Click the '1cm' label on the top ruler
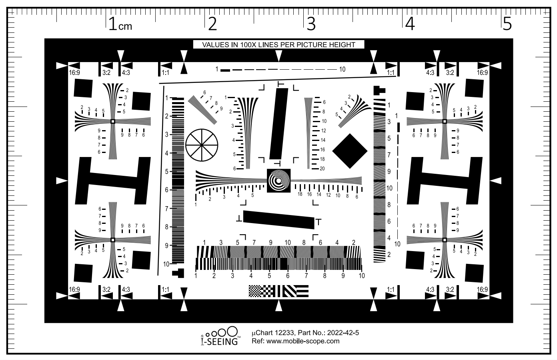pyautogui.click(x=120, y=24)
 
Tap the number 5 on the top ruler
pyautogui.click(x=507, y=24)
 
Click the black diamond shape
pyautogui.click(x=350, y=151)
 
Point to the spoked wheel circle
pyautogui.click(x=202, y=145)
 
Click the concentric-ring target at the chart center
pyautogui.click(x=278, y=181)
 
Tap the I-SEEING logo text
pyautogui.click(x=219, y=341)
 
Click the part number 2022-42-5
pyautogui.click(x=343, y=333)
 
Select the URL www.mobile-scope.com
pyautogui.click(x=303, y=341)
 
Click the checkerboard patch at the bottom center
pyautogui.click(x=262, y=291)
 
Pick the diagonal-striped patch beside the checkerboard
pyautogui.click(x=289, y=291)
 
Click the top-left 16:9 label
pyautogui.click(x=74, y=72)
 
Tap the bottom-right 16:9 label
pyautogui.click(x=482, y=290)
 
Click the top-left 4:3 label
pyautogui.click(x=126, y=72)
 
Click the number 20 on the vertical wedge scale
pyautogui.click(x=322, y=169)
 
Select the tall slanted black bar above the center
pyautogui.click(x=279, y=124)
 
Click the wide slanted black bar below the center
pyautogui.click(x=278, y=220)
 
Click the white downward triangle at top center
pyautogui.click(x=279, y=56)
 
